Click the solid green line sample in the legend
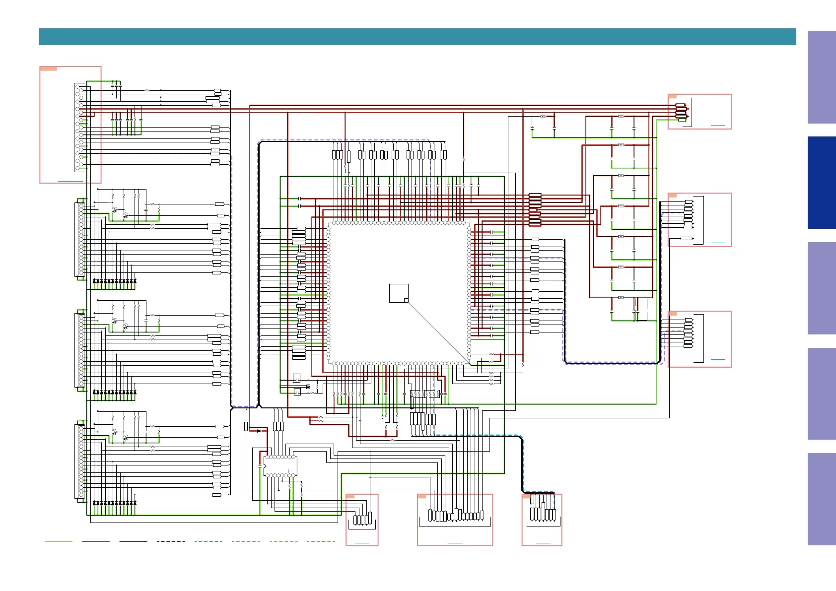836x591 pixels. coord(58,541)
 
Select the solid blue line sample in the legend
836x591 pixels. coord(133,541)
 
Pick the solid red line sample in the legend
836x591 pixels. coord(95,541)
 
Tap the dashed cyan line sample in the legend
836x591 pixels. coord(208,541)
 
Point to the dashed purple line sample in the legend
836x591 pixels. coord(246,541)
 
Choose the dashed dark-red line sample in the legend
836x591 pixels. coord(171,541)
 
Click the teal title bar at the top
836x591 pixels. coord(417,37)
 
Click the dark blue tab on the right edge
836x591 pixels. coord(822,183)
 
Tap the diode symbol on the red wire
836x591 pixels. coord(259,431)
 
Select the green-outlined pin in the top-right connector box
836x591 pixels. coord(682,120)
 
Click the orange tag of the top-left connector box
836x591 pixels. coord(48,68)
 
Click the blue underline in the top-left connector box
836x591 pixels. coord(70,181)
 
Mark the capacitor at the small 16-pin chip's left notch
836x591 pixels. coord(260,466)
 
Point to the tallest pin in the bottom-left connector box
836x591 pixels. coord(370,518)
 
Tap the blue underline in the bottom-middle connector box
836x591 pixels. coord(455,543)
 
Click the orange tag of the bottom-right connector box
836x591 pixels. coord(526,496)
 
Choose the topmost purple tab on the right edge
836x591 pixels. coord(822,77)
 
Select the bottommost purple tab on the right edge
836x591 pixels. coord(822,499)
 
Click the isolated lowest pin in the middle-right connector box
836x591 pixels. coord(686,239)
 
